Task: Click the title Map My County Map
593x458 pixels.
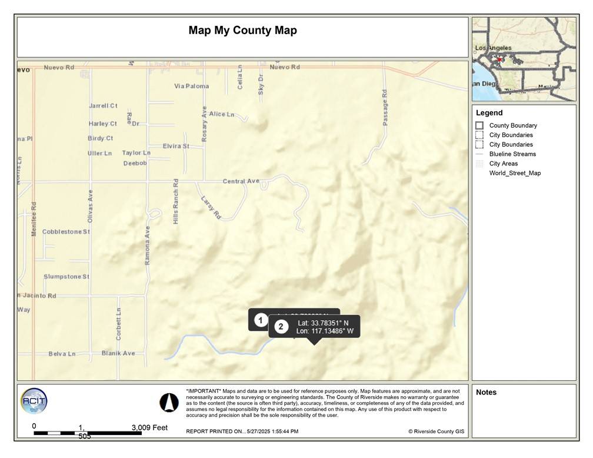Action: pyautogui.click(x=242, y=31)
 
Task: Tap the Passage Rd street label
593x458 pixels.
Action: pyautogui.click(x=385, y=107)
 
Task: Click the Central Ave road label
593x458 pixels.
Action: pyautogui.click(x=241, y=181)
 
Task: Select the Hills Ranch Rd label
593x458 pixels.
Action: pyautogui.click(x=175, y=201)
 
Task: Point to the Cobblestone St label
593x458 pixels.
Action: pyautogui.click(x=66, y=232)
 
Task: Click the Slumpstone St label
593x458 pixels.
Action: pyautogui.click(x=66, y=277)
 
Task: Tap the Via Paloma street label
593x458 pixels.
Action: pyautogui.click(x=191, y=87)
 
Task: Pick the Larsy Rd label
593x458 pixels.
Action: pyautogui.click(x=210, y=208)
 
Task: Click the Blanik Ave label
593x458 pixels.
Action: pyautogui.click(x=118, y=353)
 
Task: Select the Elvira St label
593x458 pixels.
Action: pyautogui.click(x=176, y=146)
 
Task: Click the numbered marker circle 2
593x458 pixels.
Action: pyautogui.click(x=281, y=327)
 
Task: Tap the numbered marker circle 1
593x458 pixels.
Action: pyautogui.click(x=261, y=320)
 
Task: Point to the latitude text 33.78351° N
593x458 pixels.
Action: pyautogui.click(x=323, y=323)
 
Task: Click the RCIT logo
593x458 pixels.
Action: pyautogui.click(x=34, y=401)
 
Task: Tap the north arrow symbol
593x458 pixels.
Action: pyautogui.click(x=169, y=403)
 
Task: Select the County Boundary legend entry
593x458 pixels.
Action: pyautogui.click(x=512, y=125)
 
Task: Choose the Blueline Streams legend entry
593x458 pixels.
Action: pyautogui.click(x=512, y=154)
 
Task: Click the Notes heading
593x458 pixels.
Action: pyautogui.click(x=486, y=393)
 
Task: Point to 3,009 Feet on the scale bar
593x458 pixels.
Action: pyautogui.click(x=149, y=427)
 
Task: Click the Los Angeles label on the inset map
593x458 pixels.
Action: pyautogui.click(x=493, y=48)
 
